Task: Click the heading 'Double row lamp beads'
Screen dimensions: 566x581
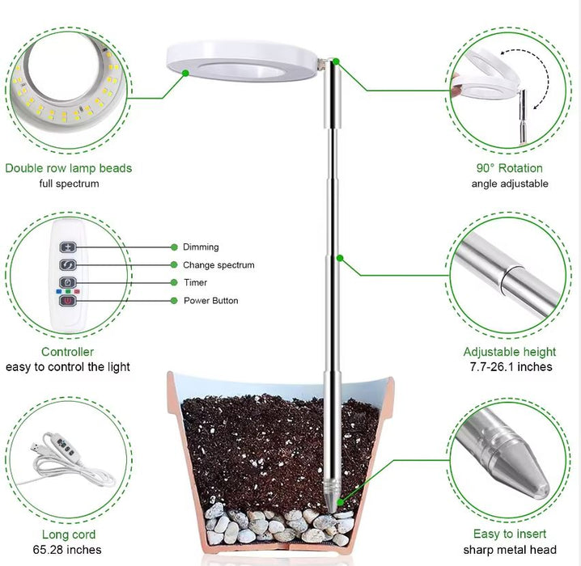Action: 69,168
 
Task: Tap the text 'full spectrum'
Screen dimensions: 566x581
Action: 69,184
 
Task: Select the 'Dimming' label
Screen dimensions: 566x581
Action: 201,247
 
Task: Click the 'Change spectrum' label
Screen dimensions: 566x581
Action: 218,265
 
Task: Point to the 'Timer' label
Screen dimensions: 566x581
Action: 195,283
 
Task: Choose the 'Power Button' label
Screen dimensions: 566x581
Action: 210,301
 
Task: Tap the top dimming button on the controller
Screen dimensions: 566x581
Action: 69,247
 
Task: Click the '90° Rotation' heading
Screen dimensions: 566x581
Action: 509,168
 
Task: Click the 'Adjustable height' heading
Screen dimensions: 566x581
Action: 509,352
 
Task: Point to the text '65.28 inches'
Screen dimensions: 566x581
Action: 69,550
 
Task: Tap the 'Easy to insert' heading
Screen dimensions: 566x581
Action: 509,534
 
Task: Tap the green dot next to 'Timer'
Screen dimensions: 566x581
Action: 173,283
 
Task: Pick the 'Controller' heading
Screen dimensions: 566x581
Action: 68,352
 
